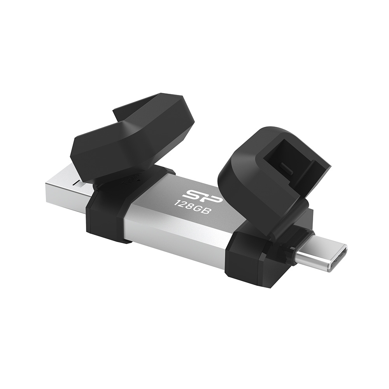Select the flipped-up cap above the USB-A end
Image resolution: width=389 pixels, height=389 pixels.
[132, 132]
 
